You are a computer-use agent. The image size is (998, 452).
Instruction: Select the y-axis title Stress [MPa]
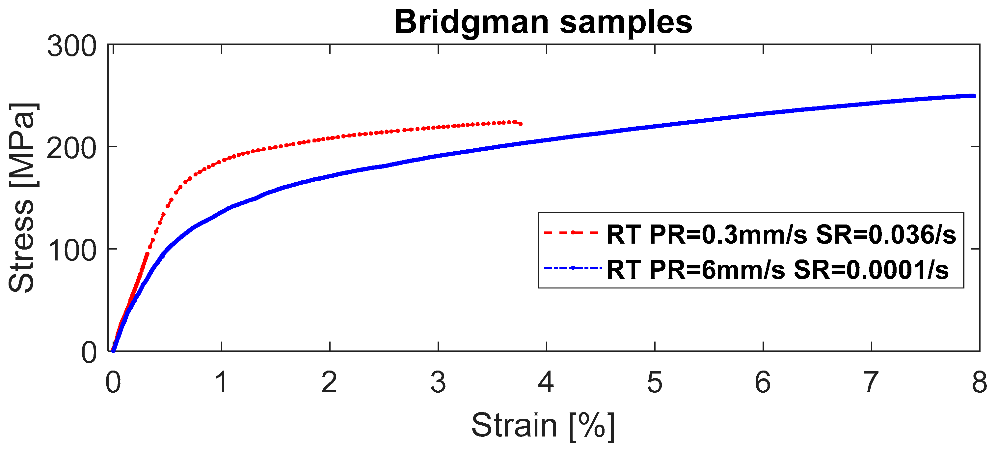[x=22, y=198]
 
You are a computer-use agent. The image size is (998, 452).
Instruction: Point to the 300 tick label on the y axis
[x=72, y=46]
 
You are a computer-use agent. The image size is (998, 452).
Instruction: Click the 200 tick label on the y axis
[x=72, y=149]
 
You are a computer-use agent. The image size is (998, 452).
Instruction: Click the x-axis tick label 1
[x=221, y=382]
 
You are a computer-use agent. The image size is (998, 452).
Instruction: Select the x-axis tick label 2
[x=329, y=382]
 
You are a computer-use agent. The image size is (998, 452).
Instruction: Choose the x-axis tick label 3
[x=438, y=382]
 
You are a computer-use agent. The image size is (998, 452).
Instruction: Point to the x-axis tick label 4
[x=546, y=382]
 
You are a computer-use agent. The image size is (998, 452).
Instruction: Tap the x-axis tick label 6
[x=763, y=382]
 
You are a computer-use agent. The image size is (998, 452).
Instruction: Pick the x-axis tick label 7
[x=871, y=382]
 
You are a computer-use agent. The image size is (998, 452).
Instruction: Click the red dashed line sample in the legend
[x=572, y=232]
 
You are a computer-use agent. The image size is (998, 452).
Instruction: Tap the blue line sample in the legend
[x=572, y=268]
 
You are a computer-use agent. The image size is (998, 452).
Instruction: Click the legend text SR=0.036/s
[x=886, y=234]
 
